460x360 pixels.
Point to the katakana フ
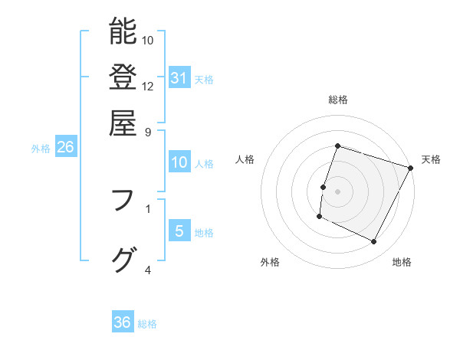click(x=123, y=201)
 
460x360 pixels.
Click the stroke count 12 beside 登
click(x=148, y=86)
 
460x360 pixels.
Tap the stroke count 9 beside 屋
click(x=148, y=132)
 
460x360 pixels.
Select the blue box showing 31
click(x=179, y=78)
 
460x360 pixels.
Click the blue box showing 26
click(x=65, y=148)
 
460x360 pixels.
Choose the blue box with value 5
click(x=179, y=232)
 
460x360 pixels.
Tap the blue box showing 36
click(x=123, y=323)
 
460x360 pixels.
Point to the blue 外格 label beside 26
click(x=41, y=149)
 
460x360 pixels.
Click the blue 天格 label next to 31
click(x=204, y=79)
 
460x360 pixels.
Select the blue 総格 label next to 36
click(x=147, y=324)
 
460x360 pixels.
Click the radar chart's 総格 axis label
click(x=338, y=100)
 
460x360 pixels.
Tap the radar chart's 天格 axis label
click(x=431, y=159)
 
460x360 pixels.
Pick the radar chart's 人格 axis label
click(x=245, y=159)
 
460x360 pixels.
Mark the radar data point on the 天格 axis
click(x=412, y=168)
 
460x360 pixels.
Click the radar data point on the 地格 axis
click(x=374, y=242)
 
